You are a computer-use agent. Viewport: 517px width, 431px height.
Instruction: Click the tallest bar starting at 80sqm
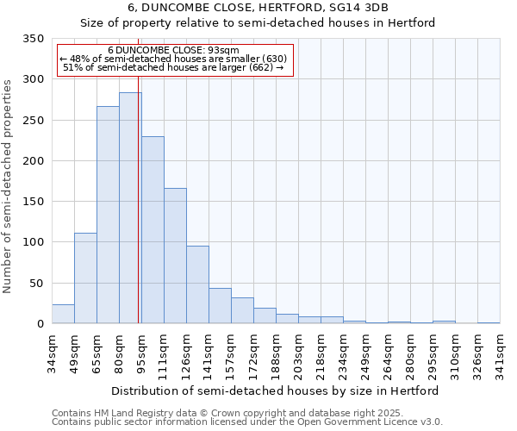coord(130,208)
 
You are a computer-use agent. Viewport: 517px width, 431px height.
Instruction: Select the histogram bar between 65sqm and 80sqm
coord(108,215)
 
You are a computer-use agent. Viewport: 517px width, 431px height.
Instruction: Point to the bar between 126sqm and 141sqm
coord(197,284)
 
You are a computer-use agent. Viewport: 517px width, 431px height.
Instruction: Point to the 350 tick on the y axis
coord(34,39)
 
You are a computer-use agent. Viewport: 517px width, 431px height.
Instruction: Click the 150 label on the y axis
coord(34,202)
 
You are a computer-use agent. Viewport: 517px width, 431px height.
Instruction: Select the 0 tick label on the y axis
coord(40,324)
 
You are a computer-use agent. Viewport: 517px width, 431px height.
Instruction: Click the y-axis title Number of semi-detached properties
coord(9,186)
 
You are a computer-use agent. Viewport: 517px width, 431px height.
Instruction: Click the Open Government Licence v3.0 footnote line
coord(247,422)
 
